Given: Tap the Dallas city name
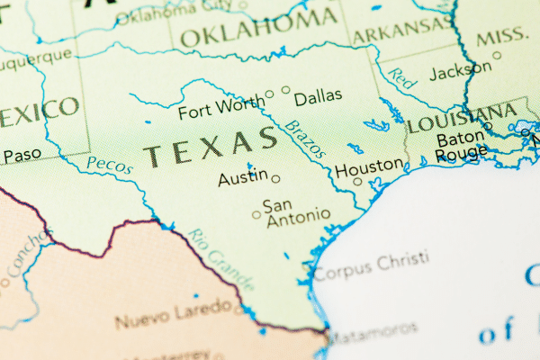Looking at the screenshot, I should pyautogui.click(x=319, y=97).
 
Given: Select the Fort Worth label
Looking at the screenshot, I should pyautogui.click(x=220, y=112).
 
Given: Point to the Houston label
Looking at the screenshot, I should pyautogui.click(x=369, y=166).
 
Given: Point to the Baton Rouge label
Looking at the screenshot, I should pyautogui.click(x=461, y=148).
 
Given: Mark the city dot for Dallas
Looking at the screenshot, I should pyautogui.click(x=286, y=89).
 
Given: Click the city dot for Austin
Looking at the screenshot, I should pyautogui.click(x=275, y=178).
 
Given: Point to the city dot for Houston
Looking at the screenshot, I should pyautogui.click(x=357, y=181).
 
